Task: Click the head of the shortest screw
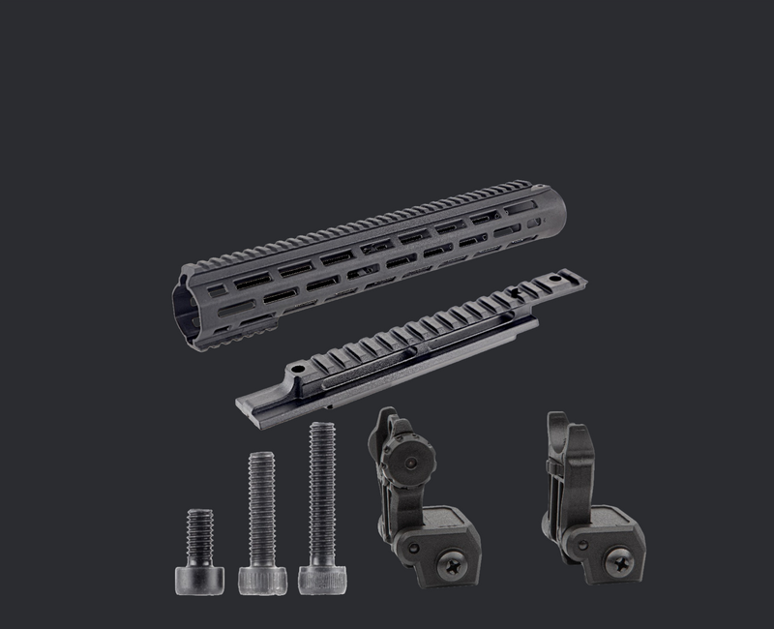pos(199,580)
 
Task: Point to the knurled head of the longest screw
pos(321,580)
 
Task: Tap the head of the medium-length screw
pos(262,581)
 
